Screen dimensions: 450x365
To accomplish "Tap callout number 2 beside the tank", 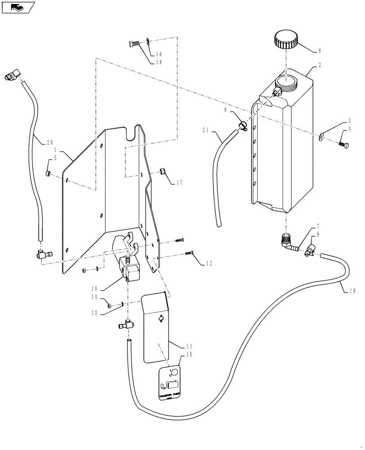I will pos(319,65).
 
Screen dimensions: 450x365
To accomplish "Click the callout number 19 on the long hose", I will pos(354,291).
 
